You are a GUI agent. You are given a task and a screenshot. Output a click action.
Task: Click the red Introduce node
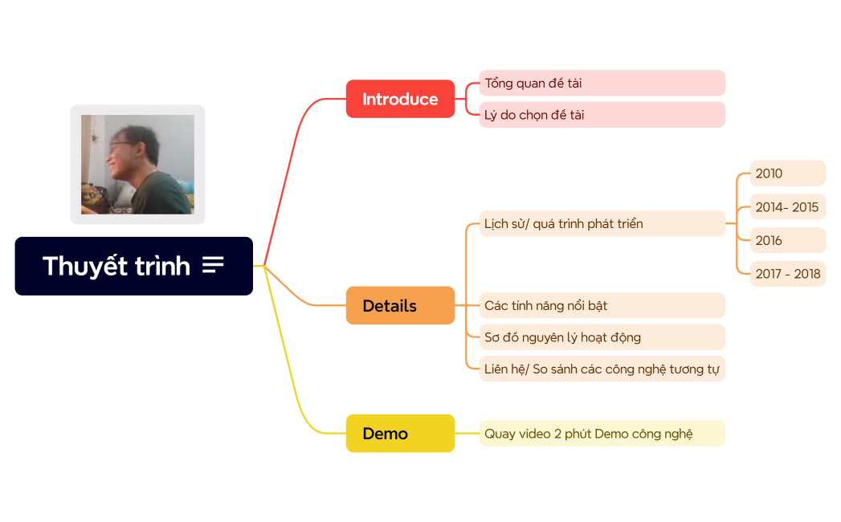(400, 99)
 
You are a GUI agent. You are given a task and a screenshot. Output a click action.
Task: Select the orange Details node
(400, 305)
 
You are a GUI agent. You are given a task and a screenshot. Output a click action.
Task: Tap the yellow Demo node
(400, 433)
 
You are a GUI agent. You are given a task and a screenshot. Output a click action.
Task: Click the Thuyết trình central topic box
(116, 266)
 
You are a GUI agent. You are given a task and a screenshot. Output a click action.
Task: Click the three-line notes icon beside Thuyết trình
(213, 265)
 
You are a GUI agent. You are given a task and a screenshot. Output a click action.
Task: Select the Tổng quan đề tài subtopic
(602, 83)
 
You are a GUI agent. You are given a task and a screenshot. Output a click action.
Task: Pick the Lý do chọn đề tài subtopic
(602, 115)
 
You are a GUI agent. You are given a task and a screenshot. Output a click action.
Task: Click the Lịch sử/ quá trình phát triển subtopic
(602, 223)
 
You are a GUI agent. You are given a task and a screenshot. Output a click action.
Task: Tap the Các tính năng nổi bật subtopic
(602, 305)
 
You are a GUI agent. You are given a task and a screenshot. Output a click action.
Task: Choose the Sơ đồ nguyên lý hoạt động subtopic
(602, 336)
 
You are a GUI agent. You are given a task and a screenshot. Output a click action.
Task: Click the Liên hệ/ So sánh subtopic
(602, 369)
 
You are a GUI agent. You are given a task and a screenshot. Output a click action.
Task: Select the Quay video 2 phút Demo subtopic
(602, 433)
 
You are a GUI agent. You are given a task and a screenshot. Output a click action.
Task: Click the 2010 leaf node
(787, 173)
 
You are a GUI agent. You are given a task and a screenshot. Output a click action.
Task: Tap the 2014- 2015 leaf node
(787, 207)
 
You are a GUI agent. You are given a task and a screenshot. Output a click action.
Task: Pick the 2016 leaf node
(787, 240)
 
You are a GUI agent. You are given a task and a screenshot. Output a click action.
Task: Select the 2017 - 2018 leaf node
(787, 274)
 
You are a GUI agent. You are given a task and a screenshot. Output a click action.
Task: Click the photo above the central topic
(137, 164)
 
